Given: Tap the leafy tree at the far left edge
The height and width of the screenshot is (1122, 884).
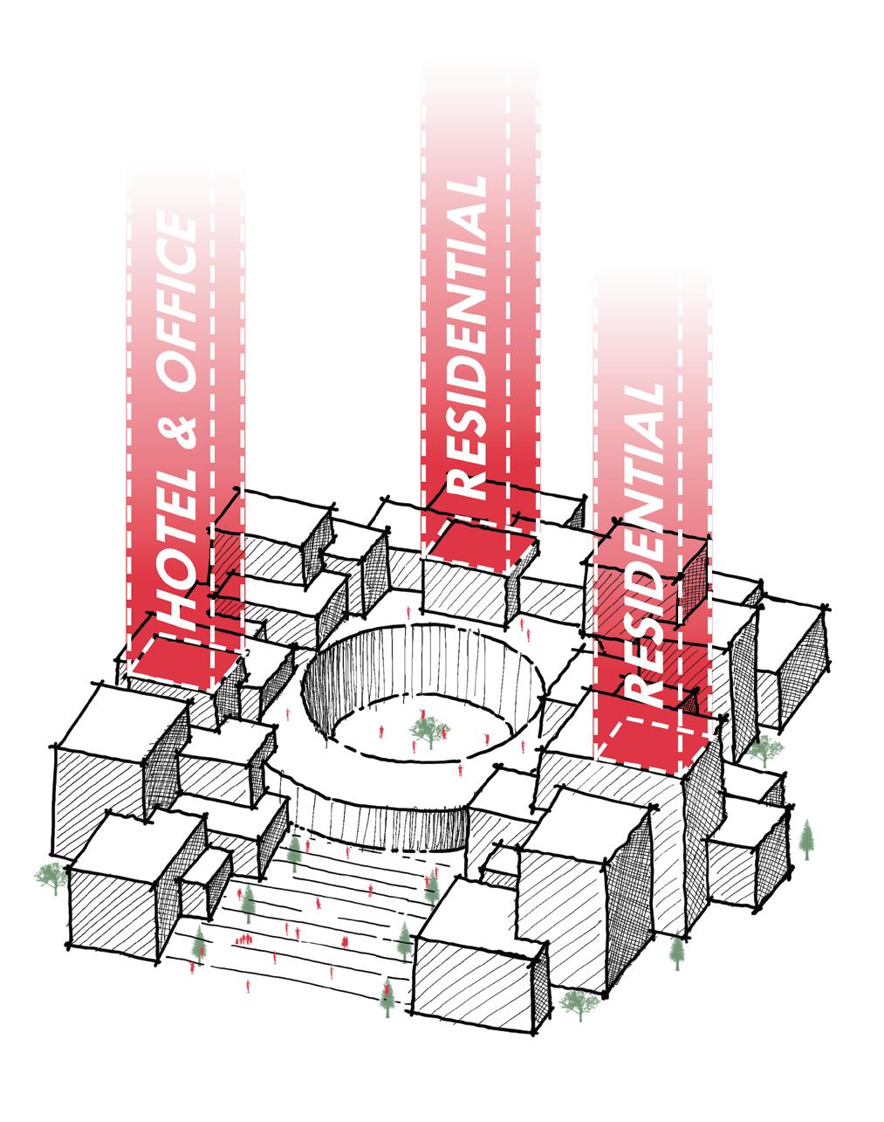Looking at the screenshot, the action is (51, 877).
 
